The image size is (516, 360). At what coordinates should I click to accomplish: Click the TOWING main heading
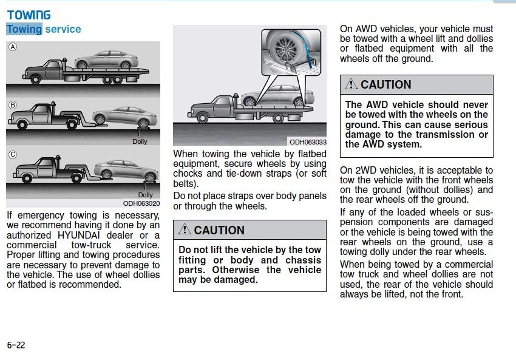tap(29, 15)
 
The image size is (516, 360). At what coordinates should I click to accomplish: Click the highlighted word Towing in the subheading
tap(24, 29)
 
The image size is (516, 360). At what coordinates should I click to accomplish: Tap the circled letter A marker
tap(13, 47)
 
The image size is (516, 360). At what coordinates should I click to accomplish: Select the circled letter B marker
tap(13, 105)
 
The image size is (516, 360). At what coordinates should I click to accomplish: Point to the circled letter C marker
tap(13, 155)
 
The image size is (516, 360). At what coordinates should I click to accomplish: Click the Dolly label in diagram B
tap(140, 141)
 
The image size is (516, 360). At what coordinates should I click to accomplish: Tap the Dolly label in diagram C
tap(146, 195)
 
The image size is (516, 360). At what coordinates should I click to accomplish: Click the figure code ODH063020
tap(141, 203)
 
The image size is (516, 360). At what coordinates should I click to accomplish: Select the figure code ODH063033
tap(308, 142)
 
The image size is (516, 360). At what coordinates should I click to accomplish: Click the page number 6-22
tap(16, 345)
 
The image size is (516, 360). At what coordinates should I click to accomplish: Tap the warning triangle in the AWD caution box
tap(351, 84)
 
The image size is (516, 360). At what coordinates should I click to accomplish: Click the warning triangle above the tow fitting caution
tap(185, 229)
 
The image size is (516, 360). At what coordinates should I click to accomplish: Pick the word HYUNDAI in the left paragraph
tap(79, 236)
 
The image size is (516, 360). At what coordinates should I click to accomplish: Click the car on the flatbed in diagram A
tap(106, 59)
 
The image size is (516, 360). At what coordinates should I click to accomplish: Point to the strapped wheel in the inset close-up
tap(284, 49)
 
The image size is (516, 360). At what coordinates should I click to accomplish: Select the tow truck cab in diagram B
tap(40, 114)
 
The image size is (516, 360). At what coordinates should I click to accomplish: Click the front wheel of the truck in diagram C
tap(26, 178)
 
